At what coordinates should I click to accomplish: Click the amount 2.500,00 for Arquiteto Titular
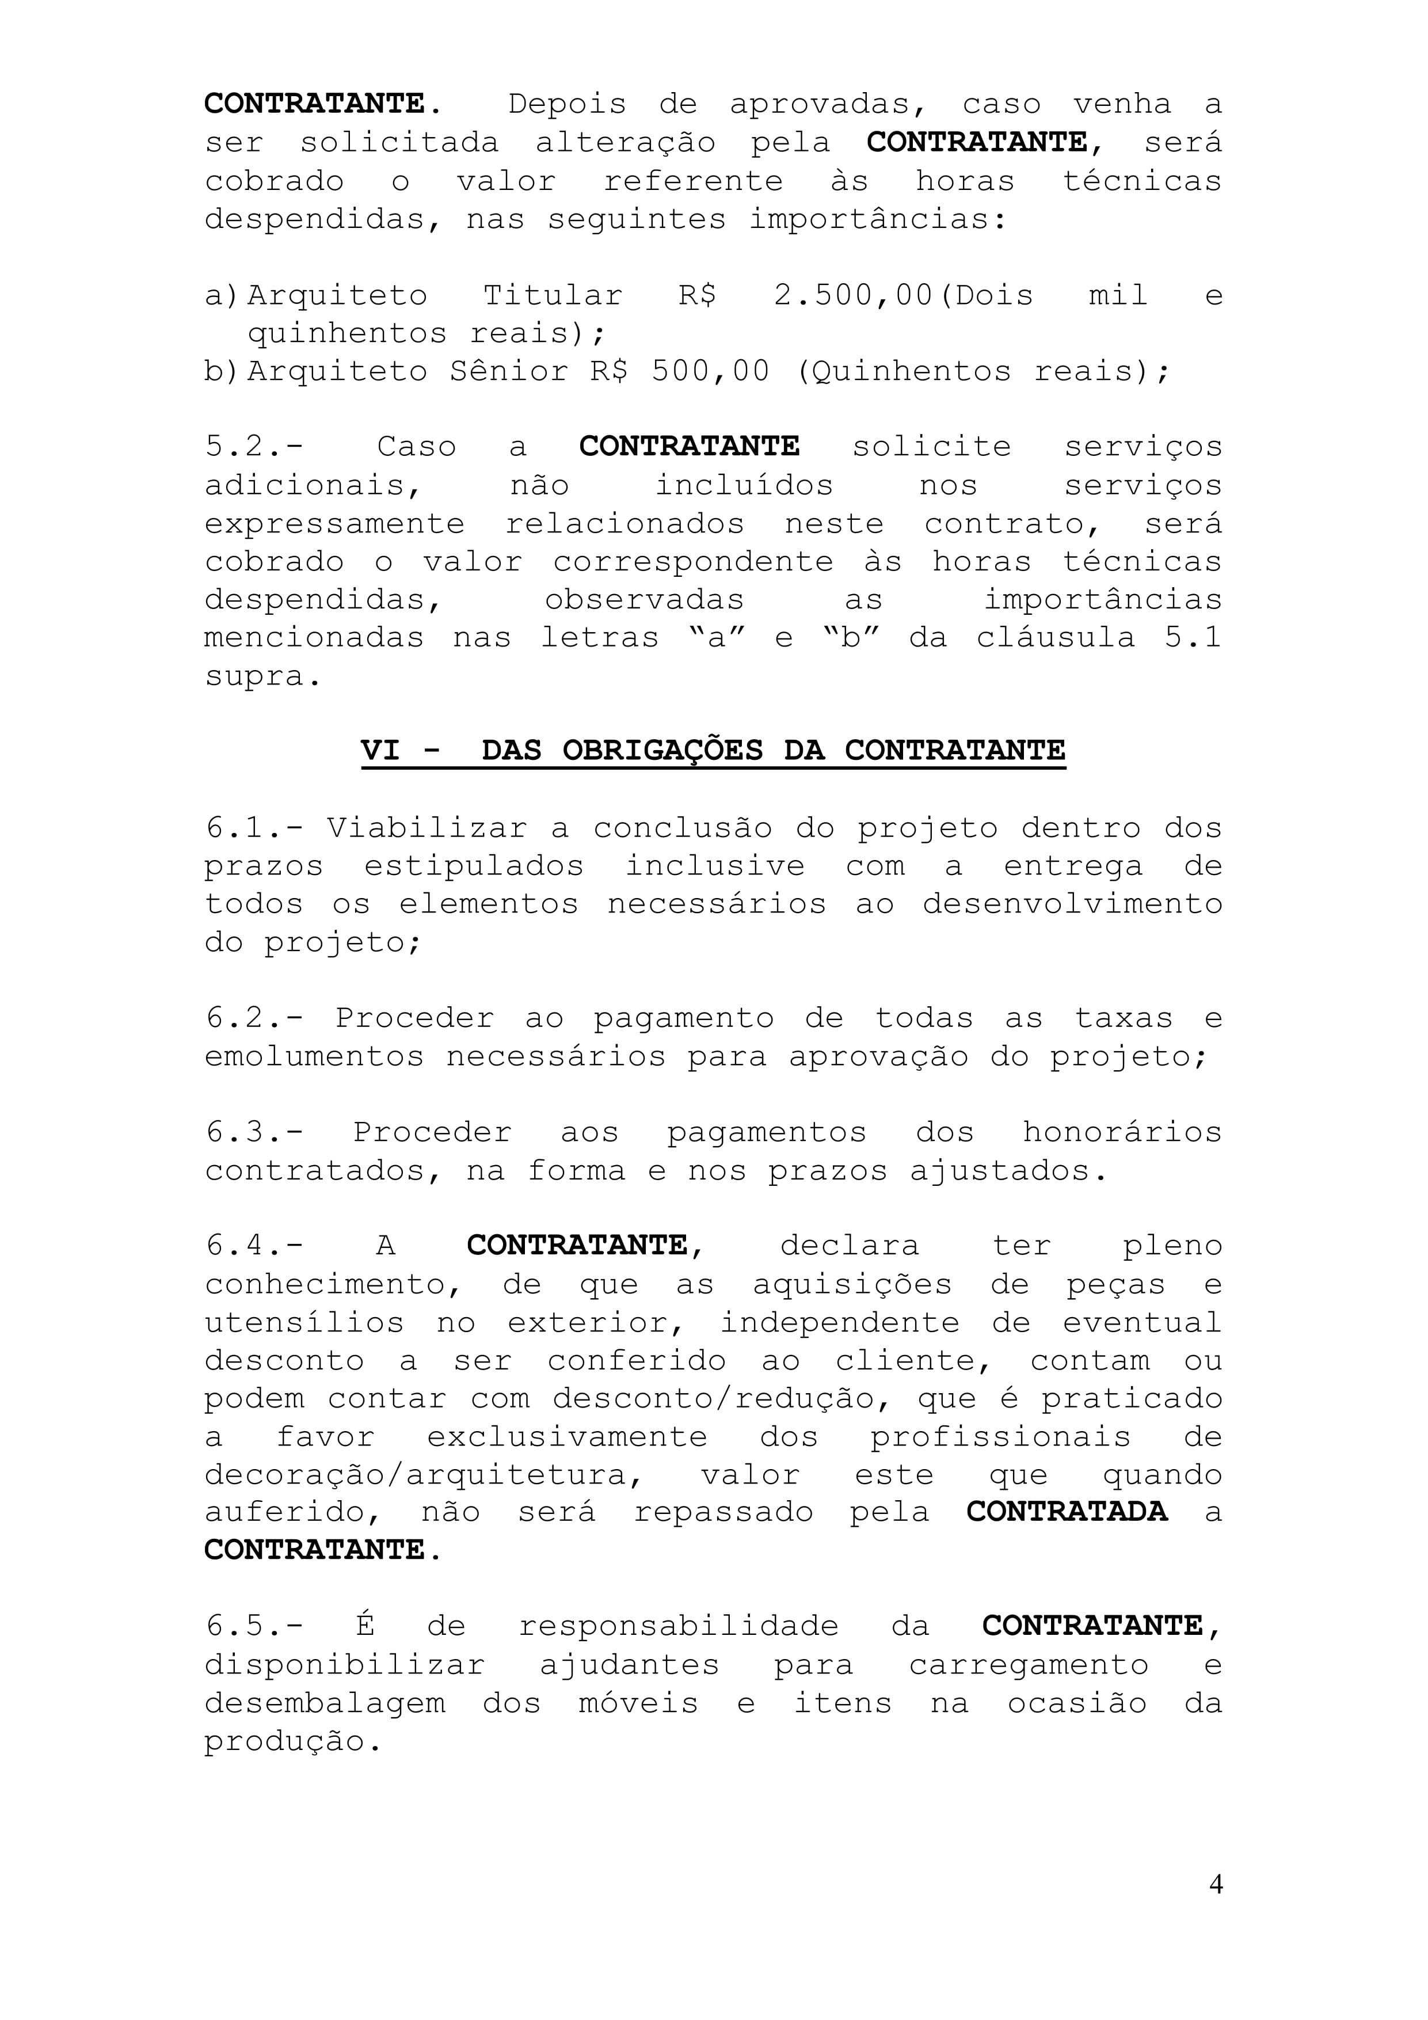tap(852, 296)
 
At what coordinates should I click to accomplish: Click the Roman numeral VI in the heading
tap(380, 751)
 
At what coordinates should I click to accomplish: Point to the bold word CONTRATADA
tap(1067, 1512)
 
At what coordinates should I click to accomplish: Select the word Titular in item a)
tap(553, 296)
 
